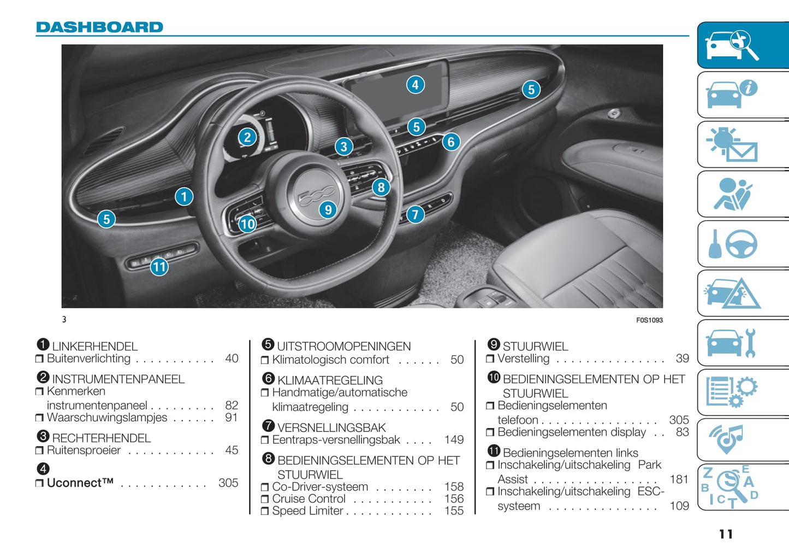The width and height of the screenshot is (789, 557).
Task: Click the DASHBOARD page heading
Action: pyautogui.click(x=99, y=27)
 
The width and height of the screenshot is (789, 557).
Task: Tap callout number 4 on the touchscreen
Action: pyautogui.click(x=416, y=85)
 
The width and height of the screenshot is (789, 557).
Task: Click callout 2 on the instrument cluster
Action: pyautogui.click(x=247, y=137)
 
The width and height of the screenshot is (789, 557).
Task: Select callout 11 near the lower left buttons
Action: pyautogui.click(x=159, y=267)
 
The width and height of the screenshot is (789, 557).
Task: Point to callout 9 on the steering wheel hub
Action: pyautogui.click(x=328, y=209)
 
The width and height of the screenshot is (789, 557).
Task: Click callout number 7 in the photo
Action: pyautogui.click(x=416, y=214)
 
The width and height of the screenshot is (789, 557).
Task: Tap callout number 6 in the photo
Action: pyautogui.click(x=451, y=142)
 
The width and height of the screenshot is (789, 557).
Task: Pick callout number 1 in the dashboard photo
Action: pyautogui.click(x=184, y=196)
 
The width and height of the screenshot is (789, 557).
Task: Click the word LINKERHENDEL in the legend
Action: pyautogui.click(x=95, y=347)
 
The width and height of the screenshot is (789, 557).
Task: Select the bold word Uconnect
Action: pyautogui.click(x=80, y=483)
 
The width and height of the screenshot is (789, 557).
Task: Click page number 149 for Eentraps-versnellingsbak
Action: pyautogui.click(x=454, y=440)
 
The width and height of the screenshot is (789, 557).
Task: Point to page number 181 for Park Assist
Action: pyautogui.click(x=679, y=479)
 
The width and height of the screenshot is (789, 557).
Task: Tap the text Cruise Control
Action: pyautogui.click(x=309, y=499)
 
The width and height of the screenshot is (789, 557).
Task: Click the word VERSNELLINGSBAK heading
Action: pyautogui.click(x=331, y=428)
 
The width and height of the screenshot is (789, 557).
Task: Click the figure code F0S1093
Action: pyautogui.click(x=649, y=320)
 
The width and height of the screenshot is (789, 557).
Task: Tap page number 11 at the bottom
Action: pyautogui.click(x=726, y=534)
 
